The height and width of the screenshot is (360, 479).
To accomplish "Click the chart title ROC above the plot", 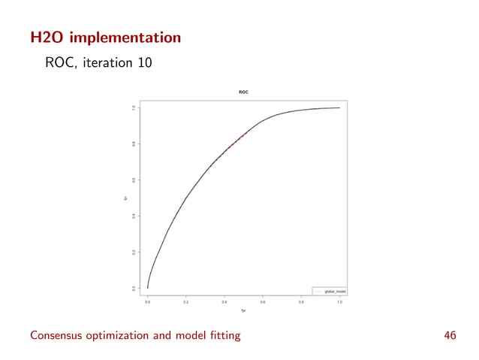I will (x=243, y=92).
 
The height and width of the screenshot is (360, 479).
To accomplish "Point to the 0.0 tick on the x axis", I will (x=148, y=302).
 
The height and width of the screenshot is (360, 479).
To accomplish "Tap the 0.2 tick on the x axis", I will (x=186, y=302).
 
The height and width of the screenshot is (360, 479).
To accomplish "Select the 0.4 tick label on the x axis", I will (x=224, y=302).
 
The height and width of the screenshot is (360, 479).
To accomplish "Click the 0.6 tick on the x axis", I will (x=263, y=302).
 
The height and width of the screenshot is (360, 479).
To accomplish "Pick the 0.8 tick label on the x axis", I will (x=301, y=302).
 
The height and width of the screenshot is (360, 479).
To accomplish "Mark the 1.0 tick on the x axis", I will (x=339, y=302).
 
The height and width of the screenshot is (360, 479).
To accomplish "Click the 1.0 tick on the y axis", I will (x=134, y=107).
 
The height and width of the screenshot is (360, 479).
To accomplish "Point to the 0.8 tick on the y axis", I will (x=134, y=144).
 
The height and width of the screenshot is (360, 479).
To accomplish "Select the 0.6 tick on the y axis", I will (x=134, y=180).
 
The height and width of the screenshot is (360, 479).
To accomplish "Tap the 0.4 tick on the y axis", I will (x=134, y=216).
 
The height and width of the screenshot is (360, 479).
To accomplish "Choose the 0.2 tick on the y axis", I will (x=134, y=252).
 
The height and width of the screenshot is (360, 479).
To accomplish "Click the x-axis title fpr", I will (x=243, y=310).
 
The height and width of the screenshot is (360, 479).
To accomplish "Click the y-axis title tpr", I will (x=125, y=198).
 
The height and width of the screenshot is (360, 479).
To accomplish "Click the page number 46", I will (x=450, y=335).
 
